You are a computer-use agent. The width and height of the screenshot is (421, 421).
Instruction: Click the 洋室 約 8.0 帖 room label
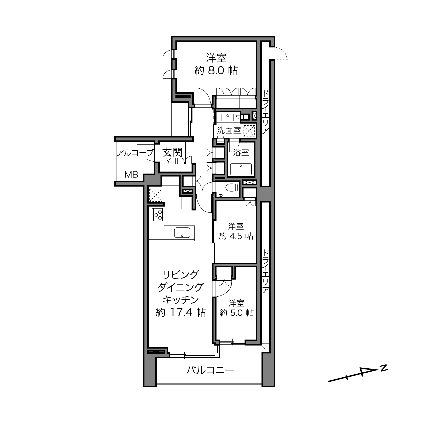[216, 64]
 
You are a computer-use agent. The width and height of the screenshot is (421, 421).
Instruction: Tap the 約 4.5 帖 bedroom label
[236, 231]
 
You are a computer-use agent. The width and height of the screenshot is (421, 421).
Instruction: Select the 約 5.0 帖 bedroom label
[236, 308]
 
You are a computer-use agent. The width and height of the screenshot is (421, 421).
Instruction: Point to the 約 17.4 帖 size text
[181, 313]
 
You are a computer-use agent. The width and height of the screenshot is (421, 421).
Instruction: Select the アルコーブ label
[135, 153]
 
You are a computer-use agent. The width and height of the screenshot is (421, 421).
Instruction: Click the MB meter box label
[131, 175]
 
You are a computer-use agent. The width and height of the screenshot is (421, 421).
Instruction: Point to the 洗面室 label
[229, 130]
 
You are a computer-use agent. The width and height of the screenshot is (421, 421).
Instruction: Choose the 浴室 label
[241, 153]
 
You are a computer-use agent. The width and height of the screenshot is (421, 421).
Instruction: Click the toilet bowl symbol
[232, 187]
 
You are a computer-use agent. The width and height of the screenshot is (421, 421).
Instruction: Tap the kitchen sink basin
[182, 232]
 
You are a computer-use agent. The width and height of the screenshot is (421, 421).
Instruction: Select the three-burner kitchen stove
[157, 215]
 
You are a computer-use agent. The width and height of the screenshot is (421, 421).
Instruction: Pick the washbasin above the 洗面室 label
[228, 117]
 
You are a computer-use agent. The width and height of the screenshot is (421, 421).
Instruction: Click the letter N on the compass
[384, 367]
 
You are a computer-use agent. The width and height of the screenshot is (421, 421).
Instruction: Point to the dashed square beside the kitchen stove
[156, 195]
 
